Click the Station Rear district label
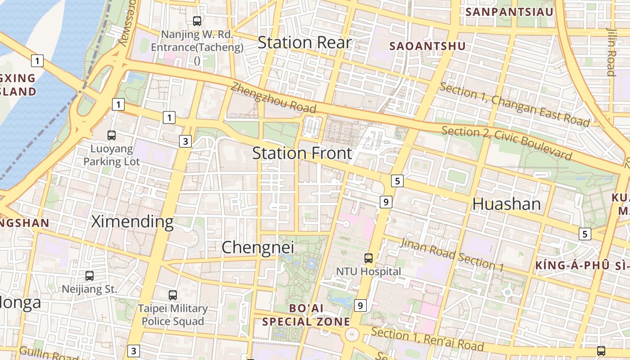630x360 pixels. (x=304, y=43)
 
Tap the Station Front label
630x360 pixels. (x=302, y=153)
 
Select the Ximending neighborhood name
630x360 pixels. (x=132, y=222)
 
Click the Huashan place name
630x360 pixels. (x=506, y=204)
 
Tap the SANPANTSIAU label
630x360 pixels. (x=509, y=12)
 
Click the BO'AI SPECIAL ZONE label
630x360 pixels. (x=306, y=315)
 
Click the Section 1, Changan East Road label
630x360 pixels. (x=514, y=104)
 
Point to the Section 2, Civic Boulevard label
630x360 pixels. (x=507, y=143)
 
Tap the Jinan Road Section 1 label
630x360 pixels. (x=451, y=254)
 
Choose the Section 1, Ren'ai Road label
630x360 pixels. (x=427, y=339)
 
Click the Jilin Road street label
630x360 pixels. (x=611, y=52)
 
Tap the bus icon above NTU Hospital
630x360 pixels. (x=369, y=258)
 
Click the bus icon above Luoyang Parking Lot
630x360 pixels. (x=112, y=135)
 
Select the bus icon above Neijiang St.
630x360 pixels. (x=90, y=276)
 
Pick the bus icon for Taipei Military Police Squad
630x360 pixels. (x=173, y=295)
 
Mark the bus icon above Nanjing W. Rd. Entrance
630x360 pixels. (x=197, y=21)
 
